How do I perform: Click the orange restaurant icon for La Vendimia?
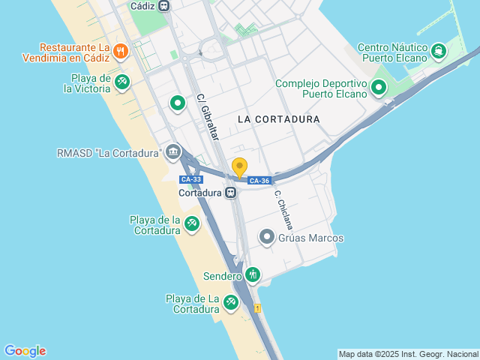(121, 51)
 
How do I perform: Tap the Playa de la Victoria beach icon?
(122, 82)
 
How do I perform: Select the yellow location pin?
(239, 168)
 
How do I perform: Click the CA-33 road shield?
(191, 179)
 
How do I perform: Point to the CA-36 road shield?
(259, 181)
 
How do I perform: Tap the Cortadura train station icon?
(231, 192)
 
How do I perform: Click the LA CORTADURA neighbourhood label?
(278, 119)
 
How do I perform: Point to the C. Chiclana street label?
(283, 209)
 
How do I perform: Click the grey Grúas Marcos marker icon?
(266, 238)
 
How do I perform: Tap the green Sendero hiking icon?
(253, 275)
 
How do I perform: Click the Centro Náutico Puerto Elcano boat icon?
(437, 51)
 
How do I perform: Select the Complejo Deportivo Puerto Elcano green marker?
(379, 88)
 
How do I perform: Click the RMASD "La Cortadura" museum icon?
(174, 152)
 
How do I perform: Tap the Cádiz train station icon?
(164, 6)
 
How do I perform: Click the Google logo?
(25, 351)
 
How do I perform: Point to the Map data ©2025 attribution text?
(407, 354)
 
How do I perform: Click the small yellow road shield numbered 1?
(257, 308)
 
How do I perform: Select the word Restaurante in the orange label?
(70, 46)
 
